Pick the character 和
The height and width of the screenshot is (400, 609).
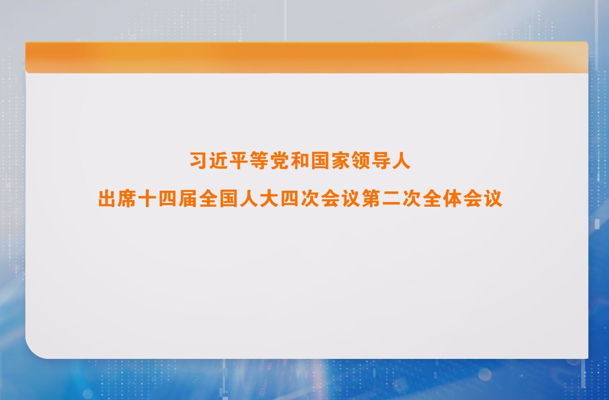click(x=300, y=161)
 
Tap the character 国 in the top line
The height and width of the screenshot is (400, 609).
click(x=320, y=161)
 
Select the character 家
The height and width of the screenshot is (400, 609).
click(x=340, y=161)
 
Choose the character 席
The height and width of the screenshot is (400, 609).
click(x=128, y=199)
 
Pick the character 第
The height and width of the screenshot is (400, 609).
click(x=371, y=199)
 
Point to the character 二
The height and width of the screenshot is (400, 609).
click(x=391, y=199)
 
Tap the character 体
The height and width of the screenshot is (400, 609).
click(x=452, y=199)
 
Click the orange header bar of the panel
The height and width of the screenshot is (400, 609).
click(x=306, y=57)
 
